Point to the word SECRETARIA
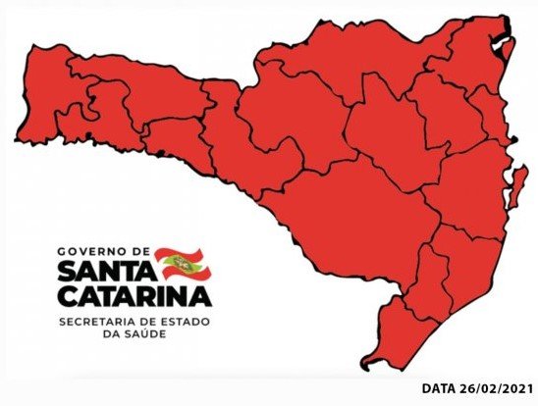pyautogui.click(x=98, y=321)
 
